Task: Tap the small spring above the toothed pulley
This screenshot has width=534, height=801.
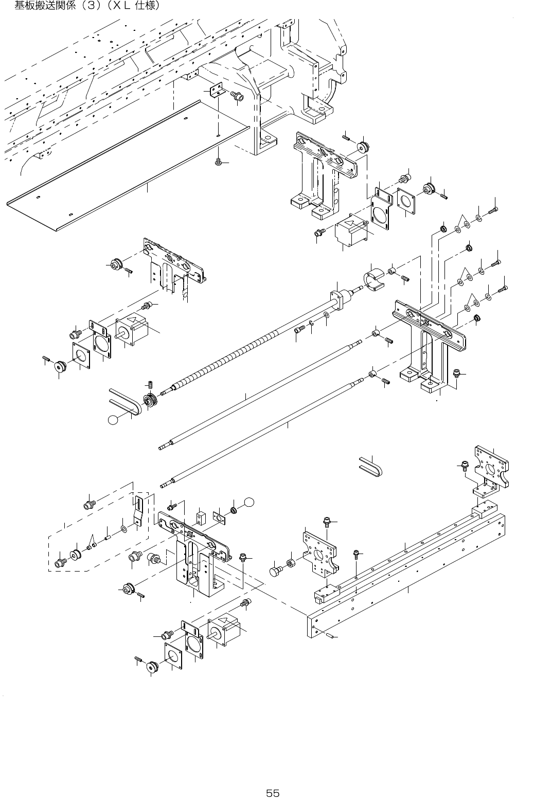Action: [150, 384]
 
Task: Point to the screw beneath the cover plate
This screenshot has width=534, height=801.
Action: [219, 162]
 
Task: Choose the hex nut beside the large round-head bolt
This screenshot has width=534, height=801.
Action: [290, 563]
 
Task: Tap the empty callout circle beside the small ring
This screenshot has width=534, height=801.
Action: [249, 502]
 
